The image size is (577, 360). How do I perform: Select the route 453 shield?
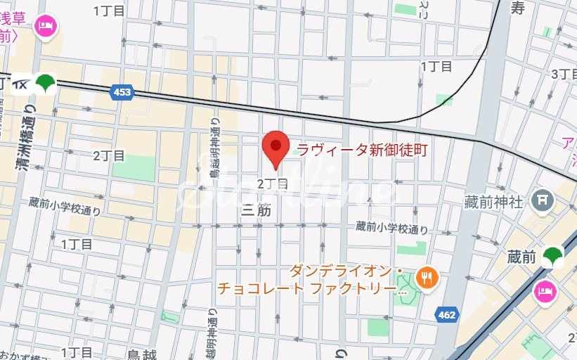tap(122, 92)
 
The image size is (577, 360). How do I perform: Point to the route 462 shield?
tap(446, 314)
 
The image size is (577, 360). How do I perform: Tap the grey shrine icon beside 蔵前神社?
tap(542, 200)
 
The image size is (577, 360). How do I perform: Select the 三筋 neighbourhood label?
tap(256, 210)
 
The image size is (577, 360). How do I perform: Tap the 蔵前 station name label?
tap(521, 258)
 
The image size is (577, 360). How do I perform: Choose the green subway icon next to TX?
tap(46, 84)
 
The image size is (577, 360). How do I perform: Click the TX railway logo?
tap(20, 84)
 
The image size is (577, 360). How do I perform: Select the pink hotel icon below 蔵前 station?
tap(546, 289)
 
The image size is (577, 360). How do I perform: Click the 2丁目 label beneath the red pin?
tap(273, 184)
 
